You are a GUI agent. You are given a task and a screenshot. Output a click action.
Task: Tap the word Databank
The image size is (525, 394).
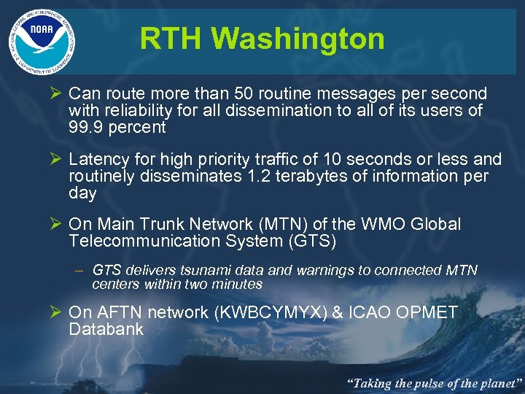pyautogui.click(x=106, y=329)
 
